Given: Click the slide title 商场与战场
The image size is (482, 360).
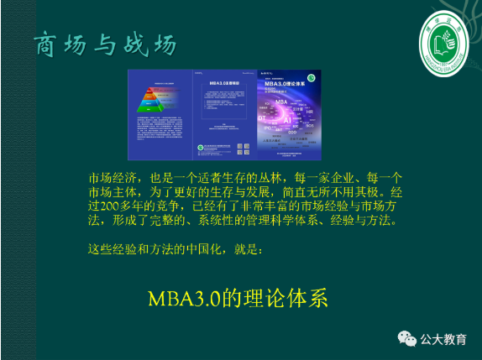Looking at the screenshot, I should (x=105, y=44).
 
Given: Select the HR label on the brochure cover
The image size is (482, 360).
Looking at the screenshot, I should (x=308, y=112).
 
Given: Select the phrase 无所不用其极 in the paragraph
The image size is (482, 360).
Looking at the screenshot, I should (x=337, y=193).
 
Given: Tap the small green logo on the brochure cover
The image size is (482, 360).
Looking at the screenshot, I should (x=313, y=76).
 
